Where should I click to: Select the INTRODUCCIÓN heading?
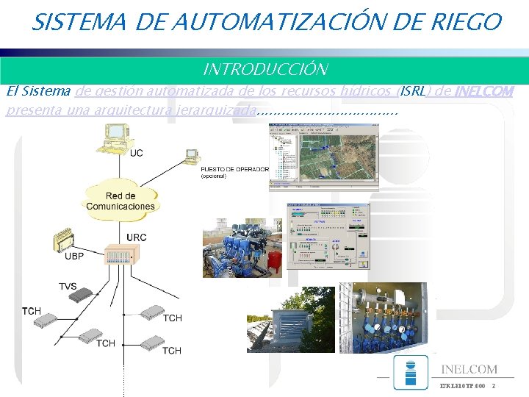pyautogui.click(x=264, y=70)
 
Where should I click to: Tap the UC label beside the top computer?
pyautogui.click(x=137, y=153)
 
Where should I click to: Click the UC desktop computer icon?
pyautogui.click(x=115, y=137)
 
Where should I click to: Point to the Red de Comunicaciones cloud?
pyautogui.click(x=120, y=201)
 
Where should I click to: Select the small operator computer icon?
pyautogui.click(x=192, y=156)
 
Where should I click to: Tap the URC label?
pyautogui.click(x=137, y=237)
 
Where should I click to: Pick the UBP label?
pyautogui.click(x=74, y=257)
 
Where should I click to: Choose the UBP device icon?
pyautogui.click(x=63, y=240)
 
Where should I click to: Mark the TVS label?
pyautogui.click(x=68, y=286)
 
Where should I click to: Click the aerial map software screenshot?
pyautogui.click(x=323, y=157)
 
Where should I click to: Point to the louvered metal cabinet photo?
pyautogui.click(x=290, y=320)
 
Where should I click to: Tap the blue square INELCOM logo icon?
pyautogui.click(x=410, y=372)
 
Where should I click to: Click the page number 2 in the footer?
pyautogui.click(x=493, y=386)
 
